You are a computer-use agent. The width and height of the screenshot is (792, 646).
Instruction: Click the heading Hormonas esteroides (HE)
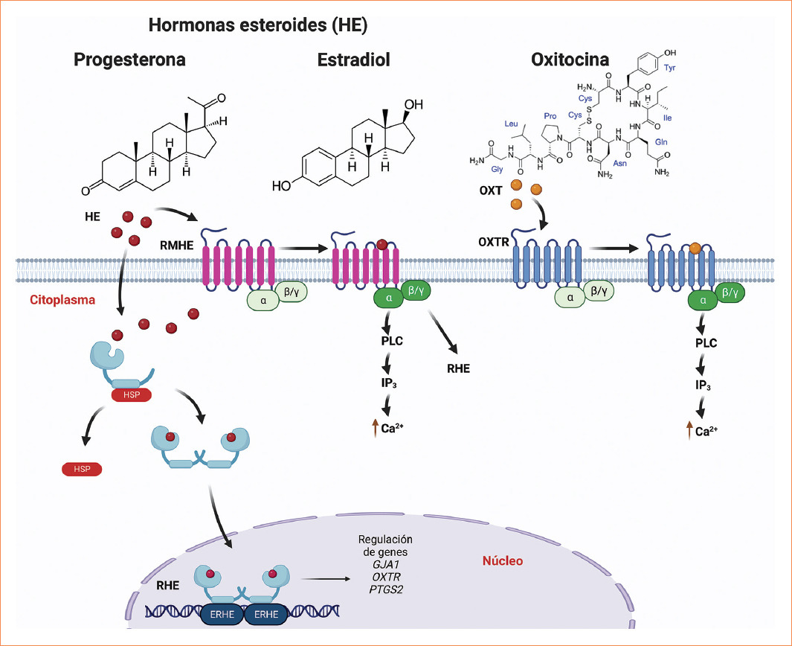258,25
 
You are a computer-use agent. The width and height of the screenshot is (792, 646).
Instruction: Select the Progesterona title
129,60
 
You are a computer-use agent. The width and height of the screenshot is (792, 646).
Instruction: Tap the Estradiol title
353,60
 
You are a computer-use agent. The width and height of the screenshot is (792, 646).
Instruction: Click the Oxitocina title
570,60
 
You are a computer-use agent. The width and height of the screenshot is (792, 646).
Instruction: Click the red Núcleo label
502,560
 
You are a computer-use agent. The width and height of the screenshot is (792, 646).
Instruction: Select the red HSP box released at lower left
81,469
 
